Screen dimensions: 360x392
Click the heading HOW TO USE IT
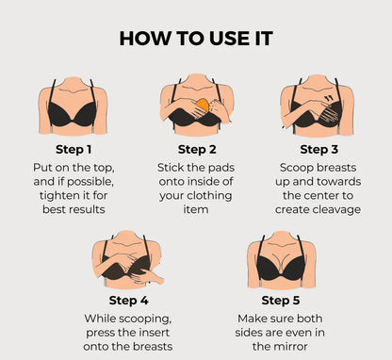coord(196,39)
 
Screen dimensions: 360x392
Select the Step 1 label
coord(73,148)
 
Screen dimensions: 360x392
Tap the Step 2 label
coord(197,148)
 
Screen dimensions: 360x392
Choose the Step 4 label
coord(130,301)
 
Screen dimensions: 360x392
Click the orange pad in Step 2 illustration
coord(200,102)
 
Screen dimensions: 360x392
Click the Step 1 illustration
coord(73,108)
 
